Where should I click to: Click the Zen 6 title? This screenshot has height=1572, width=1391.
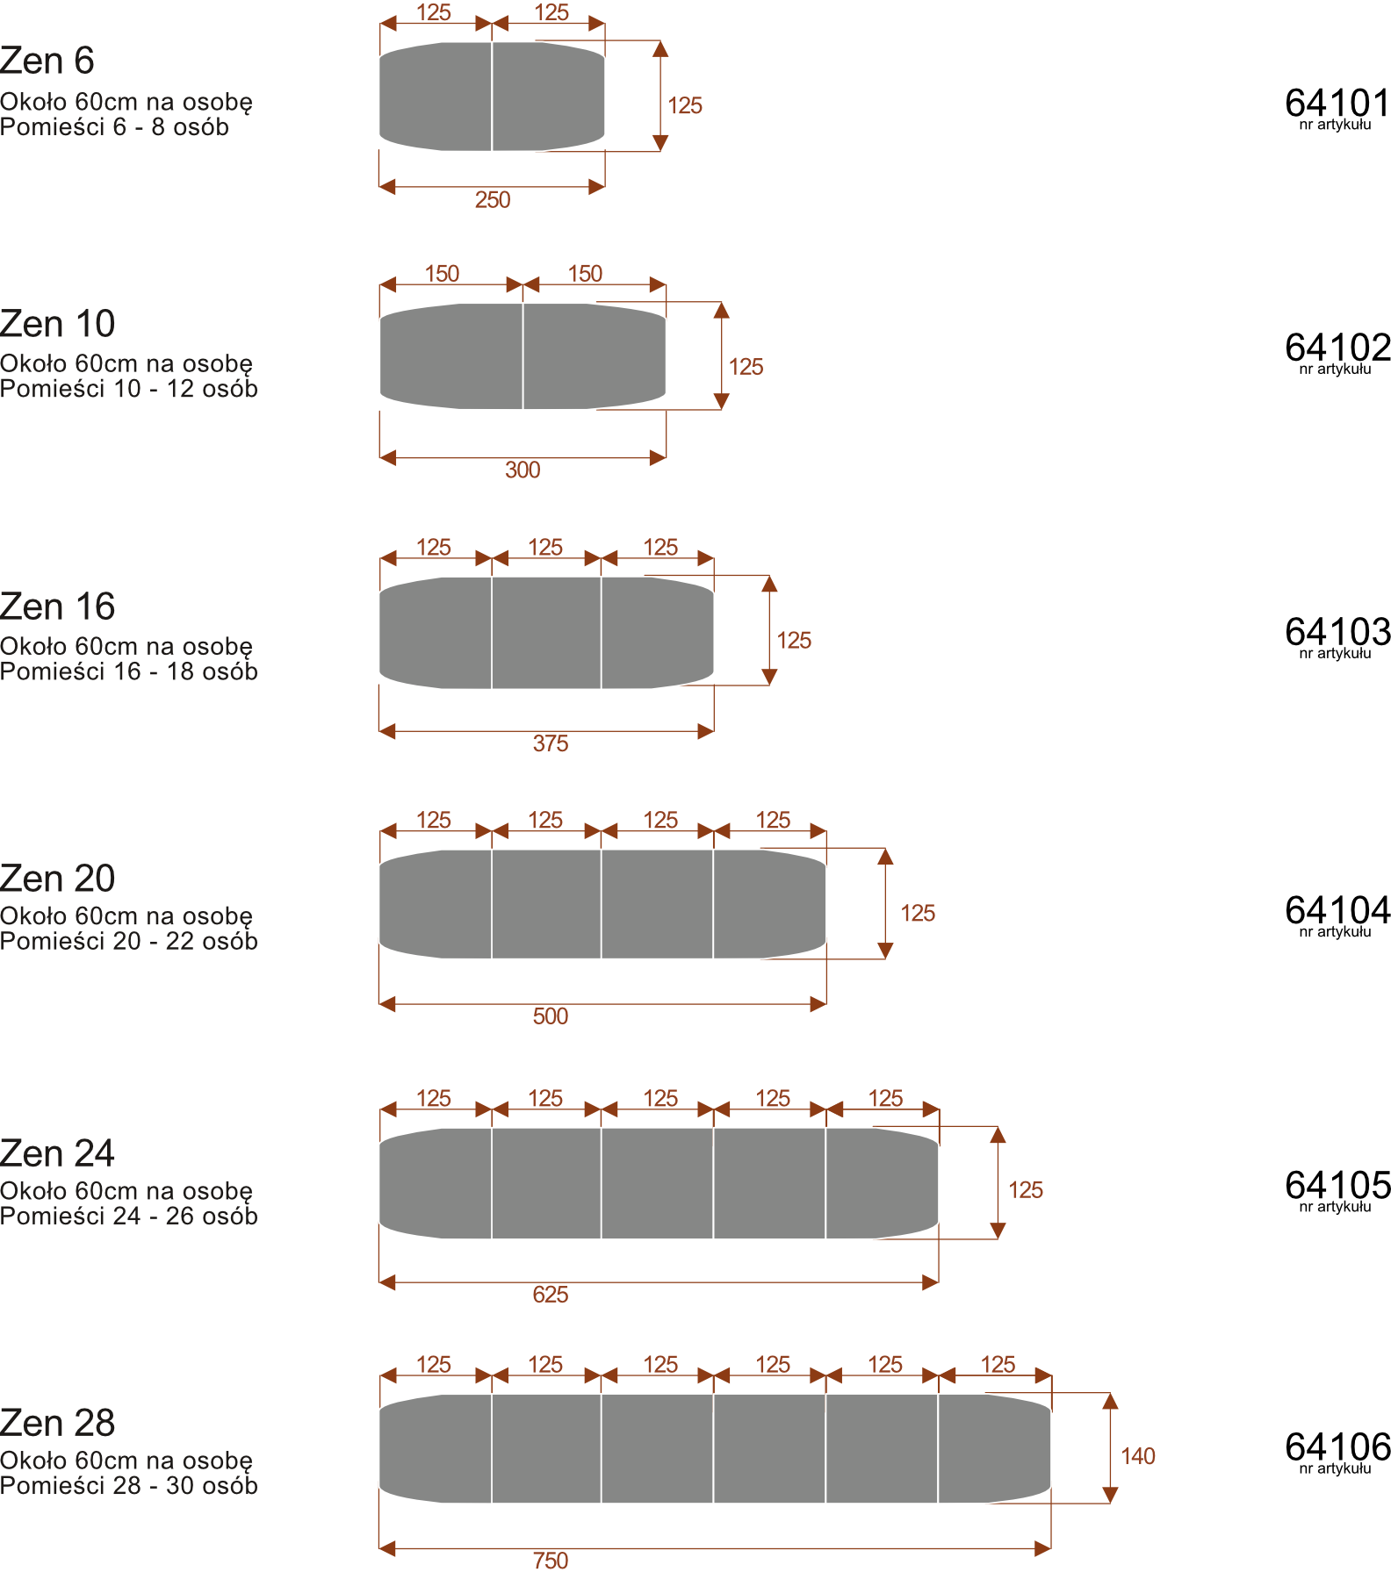[47, 61]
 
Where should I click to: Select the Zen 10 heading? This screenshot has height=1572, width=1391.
[57, 324]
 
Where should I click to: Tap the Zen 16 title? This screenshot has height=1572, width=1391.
[57, 607]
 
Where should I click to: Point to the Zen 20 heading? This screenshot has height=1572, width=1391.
[57, 879]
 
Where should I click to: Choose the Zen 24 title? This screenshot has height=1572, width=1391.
[57, 1153]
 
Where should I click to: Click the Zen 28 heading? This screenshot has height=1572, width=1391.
[57, 1423]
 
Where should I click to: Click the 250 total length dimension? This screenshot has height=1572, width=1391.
[493, 200]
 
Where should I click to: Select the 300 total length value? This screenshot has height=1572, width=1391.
[523, 470]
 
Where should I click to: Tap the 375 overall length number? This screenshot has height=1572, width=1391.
[551, 744]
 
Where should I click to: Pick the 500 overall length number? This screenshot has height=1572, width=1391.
[551, 1016]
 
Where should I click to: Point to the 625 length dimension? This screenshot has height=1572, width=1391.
[551, 1295]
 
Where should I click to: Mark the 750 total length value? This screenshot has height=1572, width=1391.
[551, 1561]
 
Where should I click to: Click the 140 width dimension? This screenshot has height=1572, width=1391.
[1137, 1456]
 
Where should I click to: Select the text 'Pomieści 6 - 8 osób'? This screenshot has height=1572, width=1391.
[114, 127]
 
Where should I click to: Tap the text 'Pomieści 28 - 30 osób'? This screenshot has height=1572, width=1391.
[128, 1486]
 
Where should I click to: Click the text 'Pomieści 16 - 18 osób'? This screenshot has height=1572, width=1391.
[128, 671]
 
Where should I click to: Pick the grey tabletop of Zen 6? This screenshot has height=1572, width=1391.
[492, 97]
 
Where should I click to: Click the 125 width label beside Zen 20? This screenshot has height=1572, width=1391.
[918, 914]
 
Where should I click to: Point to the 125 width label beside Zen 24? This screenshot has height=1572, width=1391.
[1026, 1190]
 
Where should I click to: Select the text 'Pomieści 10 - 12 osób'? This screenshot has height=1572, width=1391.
[128, 389]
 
